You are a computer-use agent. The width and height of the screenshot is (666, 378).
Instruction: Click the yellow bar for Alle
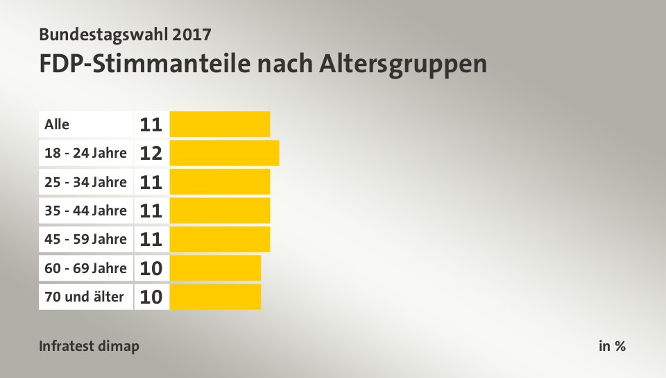point(219,124)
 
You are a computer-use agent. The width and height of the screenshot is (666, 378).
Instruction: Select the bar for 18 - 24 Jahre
point(224,153)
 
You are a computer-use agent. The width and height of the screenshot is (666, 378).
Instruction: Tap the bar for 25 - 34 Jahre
point(219,182)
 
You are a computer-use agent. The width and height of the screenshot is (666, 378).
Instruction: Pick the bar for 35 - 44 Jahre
point(219,211)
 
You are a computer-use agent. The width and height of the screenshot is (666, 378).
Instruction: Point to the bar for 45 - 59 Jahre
point(219,239)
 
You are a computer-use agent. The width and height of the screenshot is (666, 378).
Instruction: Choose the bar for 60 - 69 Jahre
point(215,268)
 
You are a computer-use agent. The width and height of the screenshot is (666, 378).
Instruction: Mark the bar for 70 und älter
point(215,297)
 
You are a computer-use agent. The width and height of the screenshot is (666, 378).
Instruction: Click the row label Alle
point(57,124)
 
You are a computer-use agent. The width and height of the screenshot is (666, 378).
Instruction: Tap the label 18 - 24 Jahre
point(85,153)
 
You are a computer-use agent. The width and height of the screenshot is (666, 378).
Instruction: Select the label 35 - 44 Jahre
point(85,211)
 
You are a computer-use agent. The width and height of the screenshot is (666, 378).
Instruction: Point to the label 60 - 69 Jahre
point(85,268)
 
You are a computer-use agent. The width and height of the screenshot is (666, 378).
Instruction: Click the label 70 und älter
point(84,297)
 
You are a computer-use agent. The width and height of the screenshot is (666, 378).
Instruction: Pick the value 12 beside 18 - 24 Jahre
point(151,154)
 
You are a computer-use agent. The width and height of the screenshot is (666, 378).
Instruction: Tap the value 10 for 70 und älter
point(151,297)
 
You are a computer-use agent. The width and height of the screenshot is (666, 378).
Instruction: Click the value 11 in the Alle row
point(151,125)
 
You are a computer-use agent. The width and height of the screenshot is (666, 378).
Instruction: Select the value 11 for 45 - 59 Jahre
point(151,240)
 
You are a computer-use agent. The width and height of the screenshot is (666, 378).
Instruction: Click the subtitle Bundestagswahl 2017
point(125,33)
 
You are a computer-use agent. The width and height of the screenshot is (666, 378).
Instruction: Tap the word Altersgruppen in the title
point(403,64)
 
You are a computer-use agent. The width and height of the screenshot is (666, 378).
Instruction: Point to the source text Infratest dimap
point(89,346)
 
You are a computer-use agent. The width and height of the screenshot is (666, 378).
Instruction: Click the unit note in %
point(612,346)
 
